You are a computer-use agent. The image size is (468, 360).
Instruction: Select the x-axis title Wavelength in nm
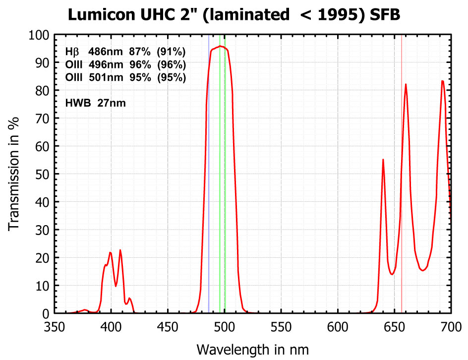point(253,349)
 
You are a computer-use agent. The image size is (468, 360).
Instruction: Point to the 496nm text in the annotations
point(104,65)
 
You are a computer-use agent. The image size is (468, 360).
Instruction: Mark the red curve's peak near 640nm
point(383,160)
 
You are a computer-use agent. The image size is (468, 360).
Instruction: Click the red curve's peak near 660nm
point(406,85)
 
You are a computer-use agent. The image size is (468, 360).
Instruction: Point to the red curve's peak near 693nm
point(443,81)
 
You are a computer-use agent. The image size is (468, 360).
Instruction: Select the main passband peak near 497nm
point(220,46)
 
